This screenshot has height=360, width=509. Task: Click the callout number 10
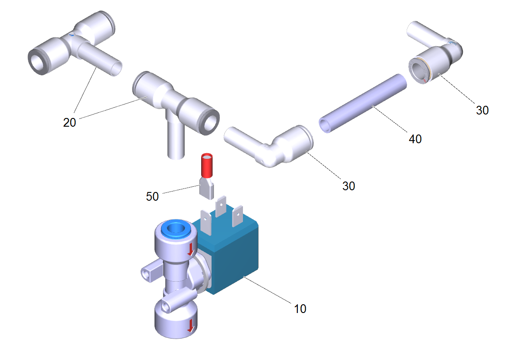click(300, 309)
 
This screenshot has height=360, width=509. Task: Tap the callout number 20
click(70, 122)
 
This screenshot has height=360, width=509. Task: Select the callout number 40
click(415, 139)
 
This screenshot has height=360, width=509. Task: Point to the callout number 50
click(152, 196)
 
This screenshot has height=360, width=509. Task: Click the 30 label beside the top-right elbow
click(482, 111)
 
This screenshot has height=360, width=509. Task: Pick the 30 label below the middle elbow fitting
click(349, 186)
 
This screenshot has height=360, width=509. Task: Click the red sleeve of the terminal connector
click(207, 165)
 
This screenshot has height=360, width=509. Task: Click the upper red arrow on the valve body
click(191, 249)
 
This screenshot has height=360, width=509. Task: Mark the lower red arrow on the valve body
click(191, 325)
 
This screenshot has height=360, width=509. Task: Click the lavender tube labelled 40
click(363, 103)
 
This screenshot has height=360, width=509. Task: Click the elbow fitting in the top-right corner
click(435, 52)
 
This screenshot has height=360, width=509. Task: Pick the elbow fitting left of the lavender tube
click(270, 147)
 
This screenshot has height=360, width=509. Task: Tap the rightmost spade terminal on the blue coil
click(237, 216)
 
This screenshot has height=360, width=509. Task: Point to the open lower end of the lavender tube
click(325, 126)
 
